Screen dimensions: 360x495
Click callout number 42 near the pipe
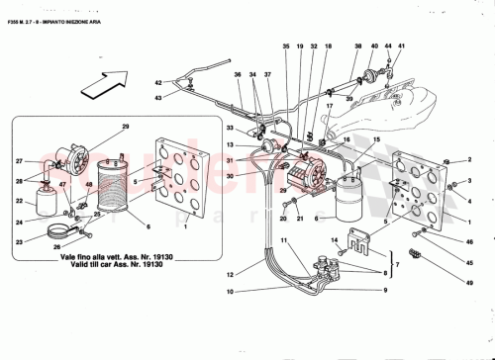(x=157, y=83)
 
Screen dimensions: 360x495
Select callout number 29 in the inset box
(x=126, y=128)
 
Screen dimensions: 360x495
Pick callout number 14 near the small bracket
(x=335, y=238)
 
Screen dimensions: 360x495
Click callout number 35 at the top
(x=286, y=46)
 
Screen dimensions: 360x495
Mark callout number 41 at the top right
(x=403, y=46)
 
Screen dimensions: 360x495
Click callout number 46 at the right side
(x=469, y=242)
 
